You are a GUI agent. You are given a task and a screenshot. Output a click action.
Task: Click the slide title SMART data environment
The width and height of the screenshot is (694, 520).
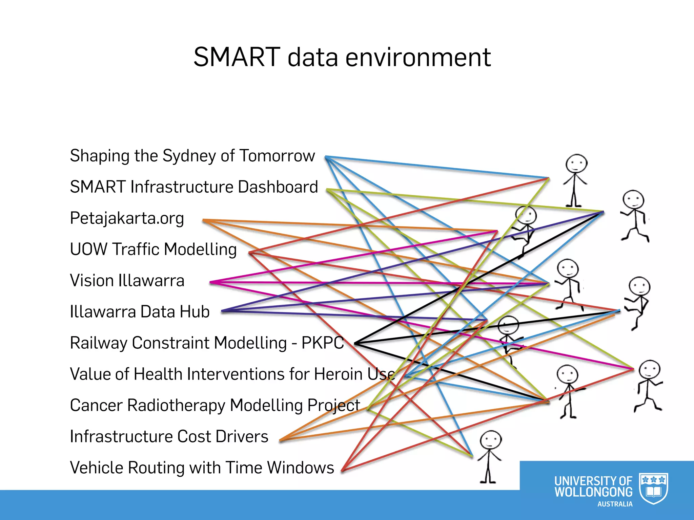click(x=342, y=57)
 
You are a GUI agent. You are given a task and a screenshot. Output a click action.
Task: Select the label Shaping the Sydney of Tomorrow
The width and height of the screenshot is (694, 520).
click(x=192, y=156)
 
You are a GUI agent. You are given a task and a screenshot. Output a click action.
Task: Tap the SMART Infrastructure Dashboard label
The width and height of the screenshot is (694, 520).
click(x=194, y=187)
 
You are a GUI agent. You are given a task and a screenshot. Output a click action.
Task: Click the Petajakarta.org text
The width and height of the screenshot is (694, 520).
click(x=127, y=218)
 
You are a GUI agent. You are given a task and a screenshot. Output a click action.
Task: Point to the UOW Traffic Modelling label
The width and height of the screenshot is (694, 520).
click(x=153, y=250)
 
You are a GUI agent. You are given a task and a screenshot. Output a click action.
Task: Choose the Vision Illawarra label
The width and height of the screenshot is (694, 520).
click(x=127, y=281)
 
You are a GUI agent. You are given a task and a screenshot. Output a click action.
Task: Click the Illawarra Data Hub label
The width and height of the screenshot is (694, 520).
click(x=140, y=312)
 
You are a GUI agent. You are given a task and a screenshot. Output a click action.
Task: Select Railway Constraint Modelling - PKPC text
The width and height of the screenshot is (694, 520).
click(x=207, y=343)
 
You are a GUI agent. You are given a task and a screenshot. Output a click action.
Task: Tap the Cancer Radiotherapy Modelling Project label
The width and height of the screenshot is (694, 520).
click(x=215, y=405)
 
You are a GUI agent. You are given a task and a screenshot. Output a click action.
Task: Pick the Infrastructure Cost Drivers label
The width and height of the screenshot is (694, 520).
click(x=169, y=436)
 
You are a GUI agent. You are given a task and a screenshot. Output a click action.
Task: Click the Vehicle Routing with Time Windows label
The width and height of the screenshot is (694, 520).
click(x=202, y=468)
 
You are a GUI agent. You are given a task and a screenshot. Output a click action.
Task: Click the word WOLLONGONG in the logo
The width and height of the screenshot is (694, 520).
click(x=593, y=492)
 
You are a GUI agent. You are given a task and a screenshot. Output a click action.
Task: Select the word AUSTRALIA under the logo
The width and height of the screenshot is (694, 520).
click(x=615, y=504)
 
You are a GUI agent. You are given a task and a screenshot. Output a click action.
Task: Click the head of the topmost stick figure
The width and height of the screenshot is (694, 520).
click(x=576, y=164)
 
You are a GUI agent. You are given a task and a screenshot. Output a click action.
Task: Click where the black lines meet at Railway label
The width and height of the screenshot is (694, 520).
click(x=355, y=343)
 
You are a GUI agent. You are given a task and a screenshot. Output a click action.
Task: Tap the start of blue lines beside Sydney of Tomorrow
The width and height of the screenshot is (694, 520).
click(x=326, y=157)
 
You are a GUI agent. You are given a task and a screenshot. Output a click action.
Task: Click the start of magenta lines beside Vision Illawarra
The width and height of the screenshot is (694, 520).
click(x=210, y=282)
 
